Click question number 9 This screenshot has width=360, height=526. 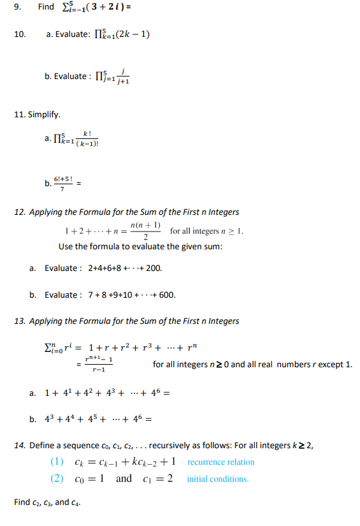click(17, 7)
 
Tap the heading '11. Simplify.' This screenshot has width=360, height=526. click(37, 115)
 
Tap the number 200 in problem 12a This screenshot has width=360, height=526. click(154, 268)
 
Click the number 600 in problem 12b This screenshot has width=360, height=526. click(168, 295)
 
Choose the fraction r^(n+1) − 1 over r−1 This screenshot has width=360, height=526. click(98, 365)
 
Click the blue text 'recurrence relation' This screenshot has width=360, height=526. click(220, 462)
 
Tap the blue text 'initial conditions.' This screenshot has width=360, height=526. click(218, 479)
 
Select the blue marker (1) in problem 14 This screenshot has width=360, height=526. click(57, 462)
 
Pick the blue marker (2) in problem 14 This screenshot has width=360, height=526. click(57, 479)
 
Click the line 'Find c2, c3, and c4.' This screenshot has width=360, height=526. click(50, 502)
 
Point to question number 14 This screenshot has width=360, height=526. click(18, 445)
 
